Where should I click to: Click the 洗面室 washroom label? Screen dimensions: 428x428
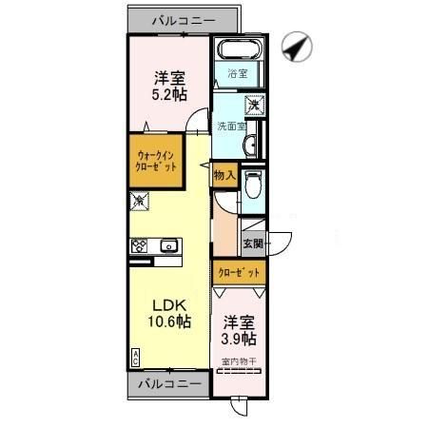229,125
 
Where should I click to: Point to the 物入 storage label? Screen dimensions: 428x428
224,177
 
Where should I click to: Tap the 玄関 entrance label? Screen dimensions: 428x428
253,243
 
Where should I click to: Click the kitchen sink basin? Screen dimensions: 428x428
170,245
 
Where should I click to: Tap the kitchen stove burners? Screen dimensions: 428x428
140,245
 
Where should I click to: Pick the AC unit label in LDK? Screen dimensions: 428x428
135,357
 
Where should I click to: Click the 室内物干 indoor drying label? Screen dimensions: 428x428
240,360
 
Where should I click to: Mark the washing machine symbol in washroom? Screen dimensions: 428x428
254,105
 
